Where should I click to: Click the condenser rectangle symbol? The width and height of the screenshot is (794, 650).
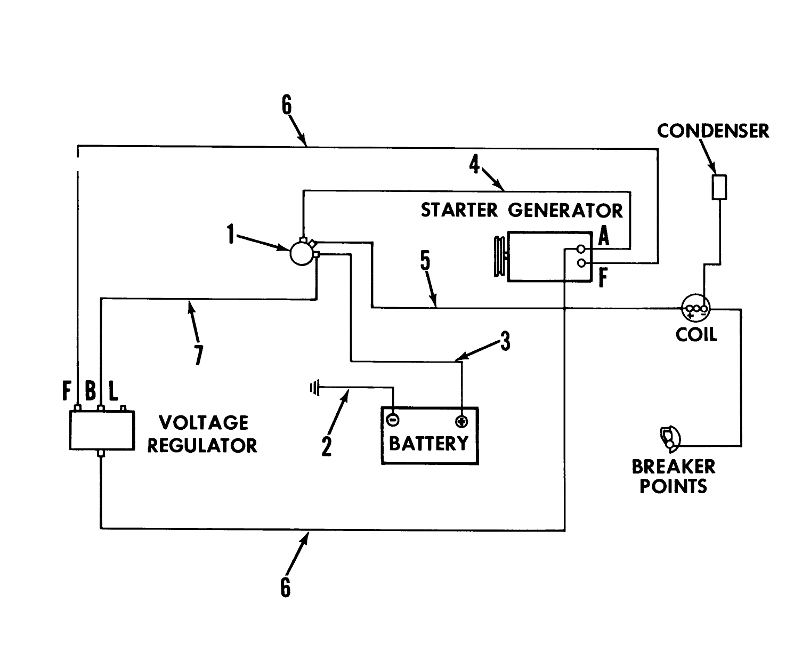point(719,187)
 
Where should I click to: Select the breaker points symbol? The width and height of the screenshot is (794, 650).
point(669,437)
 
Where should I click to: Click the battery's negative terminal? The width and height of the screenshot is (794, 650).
point(392,420)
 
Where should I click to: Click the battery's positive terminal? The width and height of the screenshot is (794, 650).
point(461,421)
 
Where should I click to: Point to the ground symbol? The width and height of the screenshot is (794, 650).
point(314,387)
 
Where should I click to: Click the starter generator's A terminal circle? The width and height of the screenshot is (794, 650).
point(581,249)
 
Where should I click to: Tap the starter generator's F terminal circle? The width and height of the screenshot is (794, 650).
point(581,263)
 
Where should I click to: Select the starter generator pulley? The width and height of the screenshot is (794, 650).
point(500,256)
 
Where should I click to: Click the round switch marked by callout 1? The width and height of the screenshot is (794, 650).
point(302,253)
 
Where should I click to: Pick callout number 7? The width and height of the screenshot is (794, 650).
point(198,355)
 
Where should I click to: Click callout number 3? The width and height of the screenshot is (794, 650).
point(505,341)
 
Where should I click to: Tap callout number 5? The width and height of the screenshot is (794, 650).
point(425,261)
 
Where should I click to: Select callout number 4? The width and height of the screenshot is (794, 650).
point(474,164)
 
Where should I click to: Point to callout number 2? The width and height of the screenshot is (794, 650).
point(327,446)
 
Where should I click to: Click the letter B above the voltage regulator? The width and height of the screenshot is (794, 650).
point(91,392)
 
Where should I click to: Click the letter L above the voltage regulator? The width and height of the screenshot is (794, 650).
point(113,392)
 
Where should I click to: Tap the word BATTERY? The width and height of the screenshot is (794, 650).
point(429,443)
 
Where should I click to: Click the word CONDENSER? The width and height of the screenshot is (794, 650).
point(713,131)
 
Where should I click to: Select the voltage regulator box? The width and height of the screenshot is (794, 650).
point(101,430)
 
